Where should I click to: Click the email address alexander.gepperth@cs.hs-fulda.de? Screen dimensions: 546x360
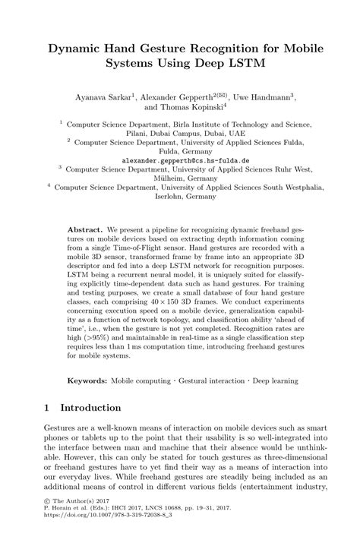pos(180,162)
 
